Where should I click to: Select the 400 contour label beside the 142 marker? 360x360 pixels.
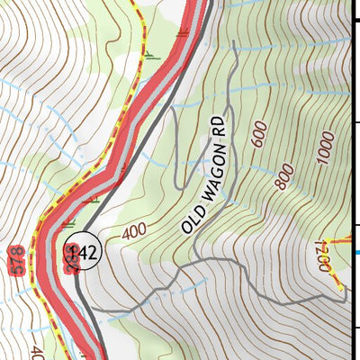coord(132,230)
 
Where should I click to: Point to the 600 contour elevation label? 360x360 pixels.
coord(260,136)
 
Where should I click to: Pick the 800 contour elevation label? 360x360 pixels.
coord(286,177)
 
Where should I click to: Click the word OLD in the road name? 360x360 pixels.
coord(192,218)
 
